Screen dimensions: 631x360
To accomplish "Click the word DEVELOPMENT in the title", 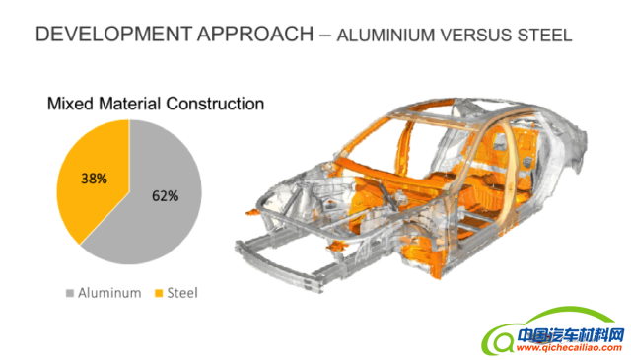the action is [113, 34].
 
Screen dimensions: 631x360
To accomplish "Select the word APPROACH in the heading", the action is [255, 34].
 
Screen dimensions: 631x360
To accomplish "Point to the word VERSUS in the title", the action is [475, 36].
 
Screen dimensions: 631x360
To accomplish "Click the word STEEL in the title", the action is [544, 36].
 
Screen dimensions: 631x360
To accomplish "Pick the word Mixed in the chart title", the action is [70, 104].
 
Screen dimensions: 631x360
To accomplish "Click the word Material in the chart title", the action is [130, 104].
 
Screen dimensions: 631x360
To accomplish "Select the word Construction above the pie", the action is [215, 104].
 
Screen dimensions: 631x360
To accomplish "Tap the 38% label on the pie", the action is [95, 179].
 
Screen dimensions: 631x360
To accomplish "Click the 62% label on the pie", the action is [165, 196].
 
